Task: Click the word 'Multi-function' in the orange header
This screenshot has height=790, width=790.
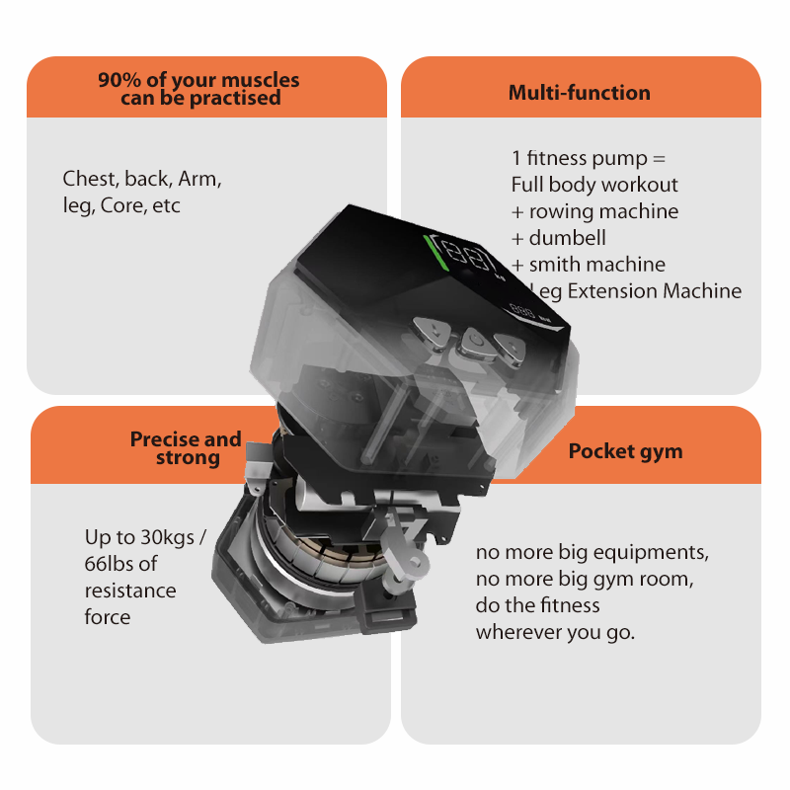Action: [x=579, y=93]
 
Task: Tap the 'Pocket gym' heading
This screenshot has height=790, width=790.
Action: [x=625, y=451]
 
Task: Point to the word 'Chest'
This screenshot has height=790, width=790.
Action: [x=90, y=180]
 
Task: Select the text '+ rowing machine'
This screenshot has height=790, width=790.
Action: [x=594, y=211]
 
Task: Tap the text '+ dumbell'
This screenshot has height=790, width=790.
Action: [x=559, y=238]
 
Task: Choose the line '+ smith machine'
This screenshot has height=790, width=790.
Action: [x=589, y=265]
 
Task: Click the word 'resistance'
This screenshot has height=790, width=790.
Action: [x=130, y=591]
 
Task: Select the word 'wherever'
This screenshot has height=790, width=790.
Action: [x=516, y=631]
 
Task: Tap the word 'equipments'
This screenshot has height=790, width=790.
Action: [x=656, y=551]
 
